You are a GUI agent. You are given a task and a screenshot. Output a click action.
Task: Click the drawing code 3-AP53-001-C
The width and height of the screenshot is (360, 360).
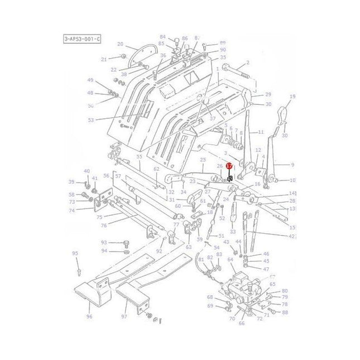point(82,39)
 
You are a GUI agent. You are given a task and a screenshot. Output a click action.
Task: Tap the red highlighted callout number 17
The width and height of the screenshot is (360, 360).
point(229,166)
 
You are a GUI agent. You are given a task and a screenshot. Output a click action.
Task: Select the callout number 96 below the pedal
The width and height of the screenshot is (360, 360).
point(89,316)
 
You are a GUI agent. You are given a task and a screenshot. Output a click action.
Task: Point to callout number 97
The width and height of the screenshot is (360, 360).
point(124,316)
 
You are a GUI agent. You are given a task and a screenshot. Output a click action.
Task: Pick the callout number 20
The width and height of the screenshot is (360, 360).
point(120,44)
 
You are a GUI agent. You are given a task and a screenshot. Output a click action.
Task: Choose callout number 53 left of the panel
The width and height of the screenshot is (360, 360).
point(91,119)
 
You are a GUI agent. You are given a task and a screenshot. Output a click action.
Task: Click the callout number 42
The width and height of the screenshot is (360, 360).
point(291,236)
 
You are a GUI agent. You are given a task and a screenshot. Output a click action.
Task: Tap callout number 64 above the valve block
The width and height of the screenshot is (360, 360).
point(231,260)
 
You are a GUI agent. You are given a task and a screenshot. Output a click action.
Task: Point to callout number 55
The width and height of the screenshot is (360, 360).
point(140,157)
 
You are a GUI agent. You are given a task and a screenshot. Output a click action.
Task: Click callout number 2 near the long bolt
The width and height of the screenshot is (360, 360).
point(247,63)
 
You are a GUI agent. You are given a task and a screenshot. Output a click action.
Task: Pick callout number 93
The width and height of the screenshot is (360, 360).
point(104,242)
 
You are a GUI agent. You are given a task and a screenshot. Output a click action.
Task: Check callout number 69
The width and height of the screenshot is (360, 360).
point(210,305)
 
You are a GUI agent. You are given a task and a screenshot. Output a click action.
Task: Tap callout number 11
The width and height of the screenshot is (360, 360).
point(260,132)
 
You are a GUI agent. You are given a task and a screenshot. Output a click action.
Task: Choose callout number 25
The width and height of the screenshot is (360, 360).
point(203,160)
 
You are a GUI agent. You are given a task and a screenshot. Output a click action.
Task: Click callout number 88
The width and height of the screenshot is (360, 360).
point(285,312)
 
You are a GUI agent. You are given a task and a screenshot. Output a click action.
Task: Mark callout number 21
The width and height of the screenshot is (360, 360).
point(104,59)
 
